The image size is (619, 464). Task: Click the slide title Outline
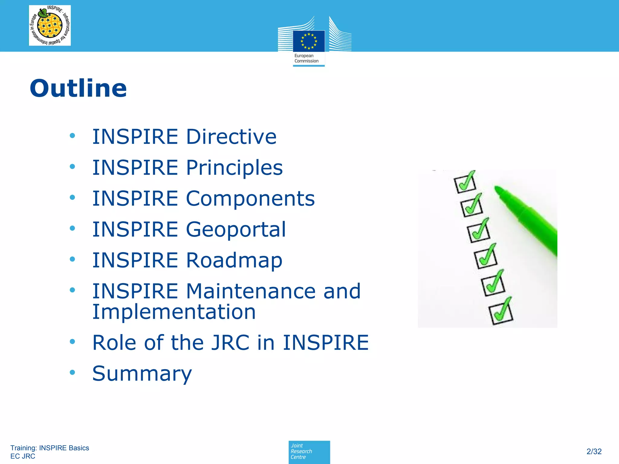click(x=78, y=88)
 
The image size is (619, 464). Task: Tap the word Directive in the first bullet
click(x=231, y=137)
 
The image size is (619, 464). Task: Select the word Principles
click(x=234, y=168)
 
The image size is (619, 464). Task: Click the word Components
click(x=250, y=198)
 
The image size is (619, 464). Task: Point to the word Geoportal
click(x=236, y=229)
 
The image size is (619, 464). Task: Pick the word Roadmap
click(x=234, y=260)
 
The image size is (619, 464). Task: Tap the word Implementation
click(x=174, y=312)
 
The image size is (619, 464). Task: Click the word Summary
click(x=142, y=374)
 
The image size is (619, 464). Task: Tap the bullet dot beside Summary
click(x=72, y=372)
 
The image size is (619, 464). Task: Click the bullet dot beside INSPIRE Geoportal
click(x=72, y=228)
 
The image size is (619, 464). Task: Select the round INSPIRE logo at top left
click(x=50, y=25)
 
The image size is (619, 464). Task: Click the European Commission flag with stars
click(x=309, y=41)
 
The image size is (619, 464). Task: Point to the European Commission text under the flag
click(x=306, y=58)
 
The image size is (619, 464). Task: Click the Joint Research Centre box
click(x=309, y=452)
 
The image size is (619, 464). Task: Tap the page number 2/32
click(x=594, y=451)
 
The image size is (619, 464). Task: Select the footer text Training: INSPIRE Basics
click(x=50, y=448)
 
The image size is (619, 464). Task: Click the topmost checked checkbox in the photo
click(x=465, y=183)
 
